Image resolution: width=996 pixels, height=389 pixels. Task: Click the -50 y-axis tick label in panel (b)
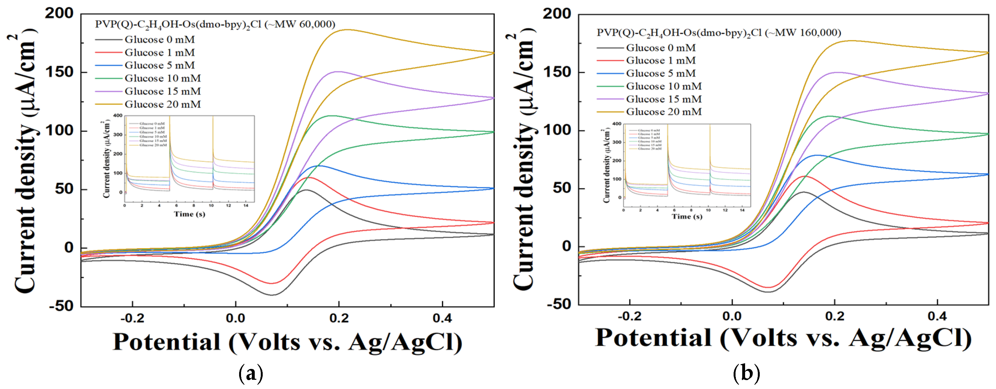coord(558,304)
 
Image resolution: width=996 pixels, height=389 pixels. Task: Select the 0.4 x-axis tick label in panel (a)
coord(442,318)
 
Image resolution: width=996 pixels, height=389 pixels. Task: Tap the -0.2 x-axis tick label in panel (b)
coord(629,316)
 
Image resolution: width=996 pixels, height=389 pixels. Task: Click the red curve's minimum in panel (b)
coord(768,287)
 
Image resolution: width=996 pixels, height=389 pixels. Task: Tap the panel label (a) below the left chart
coord(251,373)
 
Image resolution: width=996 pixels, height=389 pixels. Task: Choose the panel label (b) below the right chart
coord(746,373)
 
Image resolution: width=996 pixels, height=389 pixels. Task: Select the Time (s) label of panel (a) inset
coord(189,214)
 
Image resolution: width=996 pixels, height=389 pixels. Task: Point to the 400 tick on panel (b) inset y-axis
coord(617,124)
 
